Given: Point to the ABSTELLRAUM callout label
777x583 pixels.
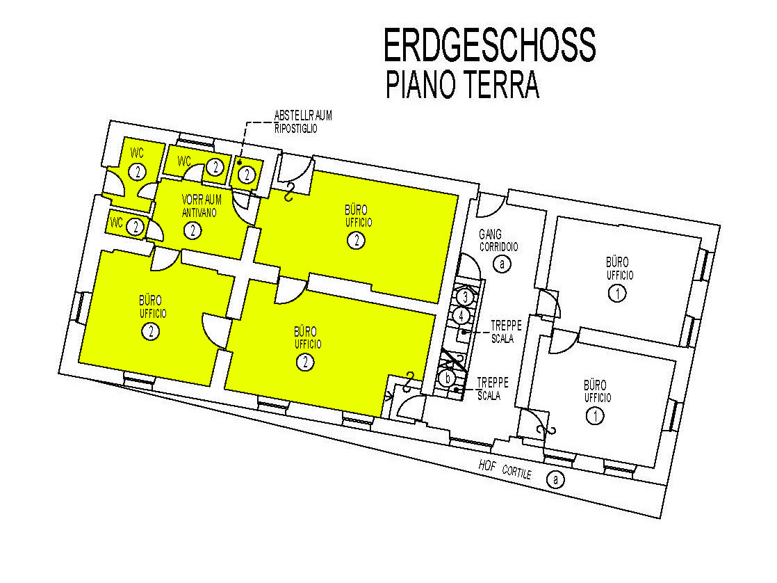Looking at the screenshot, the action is [x=303, y=115].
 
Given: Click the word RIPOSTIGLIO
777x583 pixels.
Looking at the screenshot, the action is [x=296, y=128].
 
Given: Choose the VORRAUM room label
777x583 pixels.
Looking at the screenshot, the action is [x=202, y=200].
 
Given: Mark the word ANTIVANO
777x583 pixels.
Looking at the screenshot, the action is [x=199, y=212].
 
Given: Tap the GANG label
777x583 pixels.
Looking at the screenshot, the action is [x=490, y=234].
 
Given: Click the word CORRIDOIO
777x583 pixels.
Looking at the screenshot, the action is [x=498, y=246].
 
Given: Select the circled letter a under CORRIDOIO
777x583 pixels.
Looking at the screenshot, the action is [x=502, y=264].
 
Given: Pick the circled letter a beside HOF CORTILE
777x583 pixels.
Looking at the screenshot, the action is [x=555, y=479].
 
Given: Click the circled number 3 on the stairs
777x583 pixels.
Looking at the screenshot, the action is [x=465, y=297].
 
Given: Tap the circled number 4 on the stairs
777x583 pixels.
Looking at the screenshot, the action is [x=461, y=315].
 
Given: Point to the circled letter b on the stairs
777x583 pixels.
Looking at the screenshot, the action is [x=448, y=378].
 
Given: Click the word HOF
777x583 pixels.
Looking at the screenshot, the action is [x=487, y=465].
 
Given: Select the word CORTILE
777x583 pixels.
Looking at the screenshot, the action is [x=517, y=472].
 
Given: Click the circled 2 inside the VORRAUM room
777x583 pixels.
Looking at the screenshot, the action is [x=193, y=230].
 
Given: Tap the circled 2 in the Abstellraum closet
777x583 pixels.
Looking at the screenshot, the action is [x=246, y=174].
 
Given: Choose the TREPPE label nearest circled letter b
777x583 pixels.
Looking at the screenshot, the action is [x=493, y=383].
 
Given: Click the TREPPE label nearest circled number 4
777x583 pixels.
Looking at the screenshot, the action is [x=507, y=326].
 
